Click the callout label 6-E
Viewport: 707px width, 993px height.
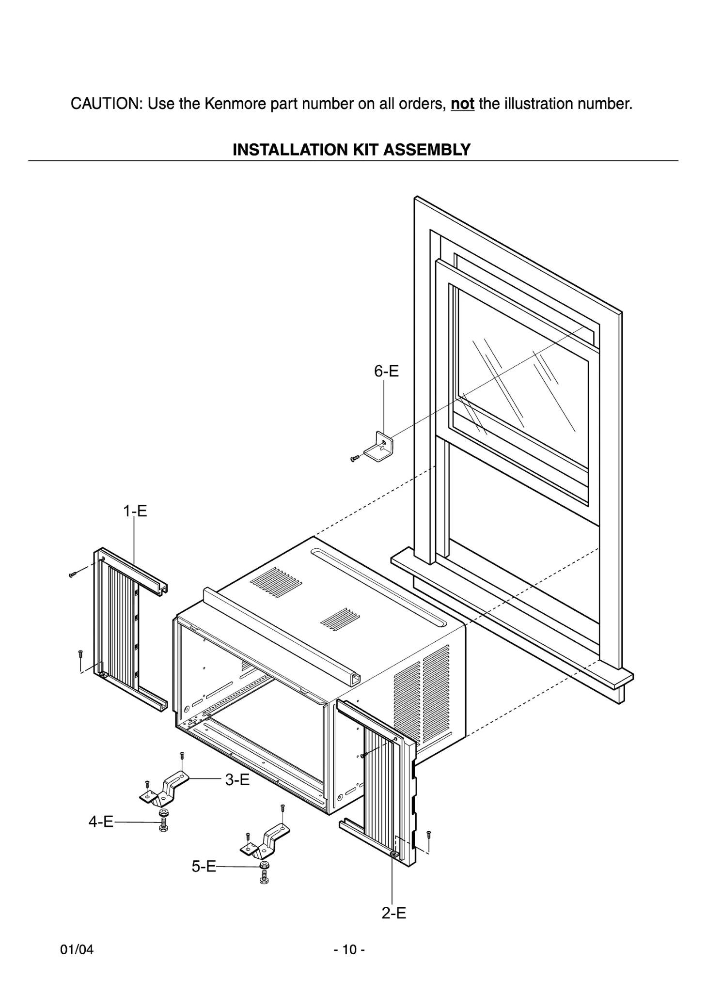[386, 372]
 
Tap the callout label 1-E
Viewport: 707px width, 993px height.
[135, 511]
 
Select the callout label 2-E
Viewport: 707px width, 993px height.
[393, 913]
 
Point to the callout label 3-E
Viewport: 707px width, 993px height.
[237, 779]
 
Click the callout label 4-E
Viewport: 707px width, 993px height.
[101, 822]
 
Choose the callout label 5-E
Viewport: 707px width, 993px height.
[204, 866]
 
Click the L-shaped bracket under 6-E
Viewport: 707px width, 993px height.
[379, 448]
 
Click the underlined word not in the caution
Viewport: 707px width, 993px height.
[462, 104]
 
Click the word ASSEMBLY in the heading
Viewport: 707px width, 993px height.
[426, 150]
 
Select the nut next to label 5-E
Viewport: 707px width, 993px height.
[264, 865]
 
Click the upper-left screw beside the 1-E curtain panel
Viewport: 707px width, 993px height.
[73, 574]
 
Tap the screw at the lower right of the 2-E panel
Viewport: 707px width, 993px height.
[428, 834]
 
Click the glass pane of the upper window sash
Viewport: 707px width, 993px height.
[523, 383]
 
